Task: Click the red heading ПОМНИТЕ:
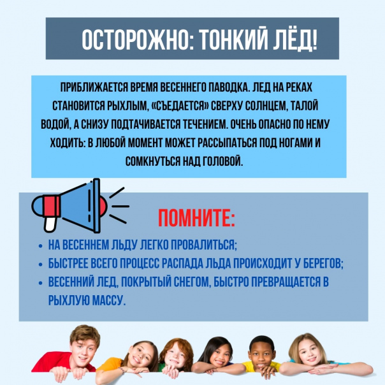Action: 196,218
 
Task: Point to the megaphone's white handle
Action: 50,224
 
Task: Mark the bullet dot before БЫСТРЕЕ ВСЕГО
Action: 41,265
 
